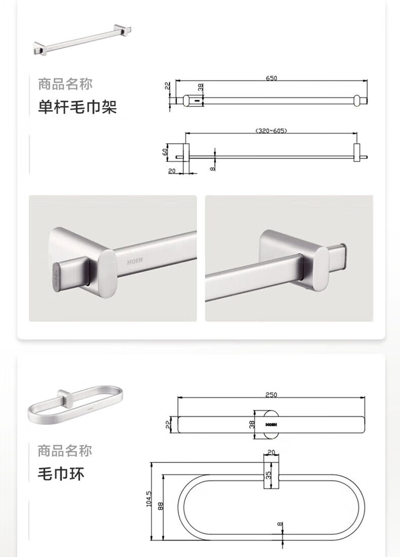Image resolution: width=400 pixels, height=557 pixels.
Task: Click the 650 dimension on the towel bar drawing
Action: (271, 78)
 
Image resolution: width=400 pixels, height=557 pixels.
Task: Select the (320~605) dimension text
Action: (271, 130)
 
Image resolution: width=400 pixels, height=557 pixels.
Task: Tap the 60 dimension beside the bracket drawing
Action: (165, 151)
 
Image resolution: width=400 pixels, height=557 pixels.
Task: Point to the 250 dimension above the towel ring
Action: (271, 394)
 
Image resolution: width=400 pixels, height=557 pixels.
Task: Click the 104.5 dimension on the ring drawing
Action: (148, 499)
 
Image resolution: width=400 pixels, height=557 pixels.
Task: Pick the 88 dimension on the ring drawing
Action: (160, 506)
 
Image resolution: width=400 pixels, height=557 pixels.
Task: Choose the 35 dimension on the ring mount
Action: (268, 474)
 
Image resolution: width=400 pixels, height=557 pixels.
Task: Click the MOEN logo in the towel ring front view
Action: (271, 424)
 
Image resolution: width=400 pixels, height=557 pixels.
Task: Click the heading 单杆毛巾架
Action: (77, 106)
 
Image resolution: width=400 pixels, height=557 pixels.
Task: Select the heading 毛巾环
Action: (61, 474)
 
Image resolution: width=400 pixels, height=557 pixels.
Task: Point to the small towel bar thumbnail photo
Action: (83, 39)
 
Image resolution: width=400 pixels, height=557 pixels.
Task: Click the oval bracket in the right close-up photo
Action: (316, 269)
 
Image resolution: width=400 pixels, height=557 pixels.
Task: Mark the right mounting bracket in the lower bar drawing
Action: (356, 153)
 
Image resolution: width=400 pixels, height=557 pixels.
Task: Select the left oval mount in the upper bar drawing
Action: (187, 101)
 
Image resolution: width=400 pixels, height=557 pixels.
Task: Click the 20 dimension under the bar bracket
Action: (172, 171)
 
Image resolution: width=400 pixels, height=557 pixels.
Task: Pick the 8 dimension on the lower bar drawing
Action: (212, 169)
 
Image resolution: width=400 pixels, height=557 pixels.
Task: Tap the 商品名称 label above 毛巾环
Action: (65, 451)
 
